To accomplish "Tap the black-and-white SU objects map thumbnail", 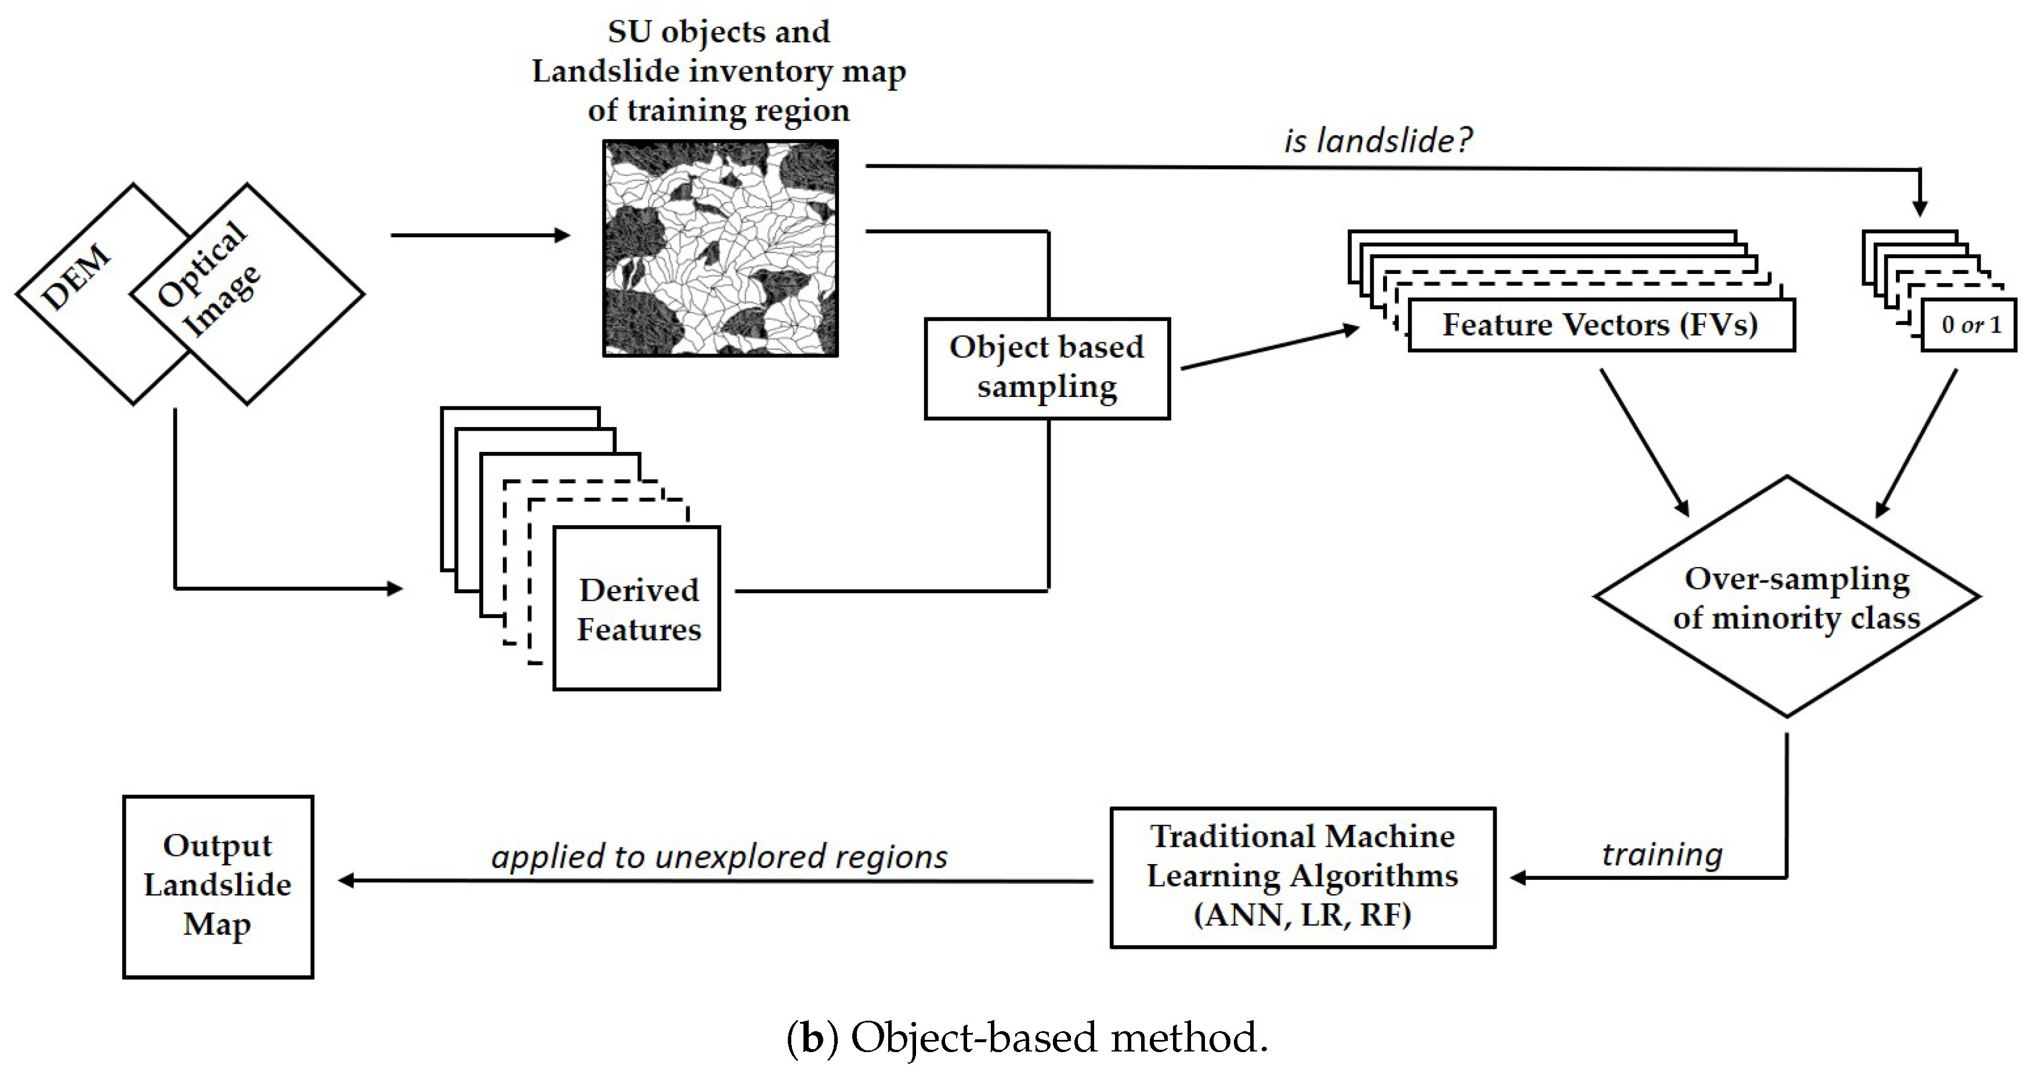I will coord(720,248).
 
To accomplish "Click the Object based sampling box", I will coord(1047,368).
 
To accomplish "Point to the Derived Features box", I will coord(637,609).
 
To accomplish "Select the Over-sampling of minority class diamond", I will coord(1786,597).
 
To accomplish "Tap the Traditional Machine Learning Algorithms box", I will coord(1302,877).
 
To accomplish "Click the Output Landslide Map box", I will coord(218,886).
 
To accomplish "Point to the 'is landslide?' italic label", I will coord(1377,141).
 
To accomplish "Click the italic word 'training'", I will coord(1662,855).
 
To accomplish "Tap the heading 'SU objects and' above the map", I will coord(718,32).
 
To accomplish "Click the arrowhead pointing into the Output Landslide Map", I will coord(346,881).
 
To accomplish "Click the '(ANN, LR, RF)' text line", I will coord(1302,916).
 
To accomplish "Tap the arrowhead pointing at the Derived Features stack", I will coord(395,588).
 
